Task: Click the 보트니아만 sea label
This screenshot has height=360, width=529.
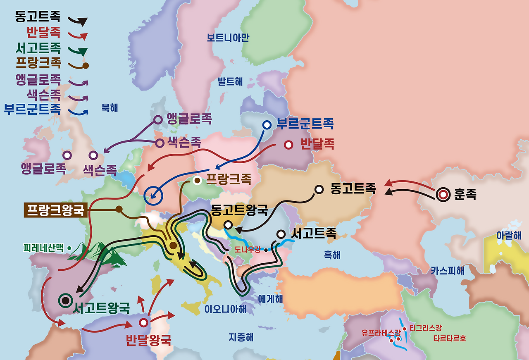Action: pyautogui.click(x=228, y=38)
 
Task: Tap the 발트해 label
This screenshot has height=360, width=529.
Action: pyautogui.click(x=230, y=81)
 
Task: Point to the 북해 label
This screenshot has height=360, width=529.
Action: pyautogui.click(x=110, y=108)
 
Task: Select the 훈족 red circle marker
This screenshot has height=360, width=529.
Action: pyautogui.click(x=443, y=194)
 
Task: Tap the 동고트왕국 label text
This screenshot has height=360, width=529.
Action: pyautogui.click(x=239, y=210)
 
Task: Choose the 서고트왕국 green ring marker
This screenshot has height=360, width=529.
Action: pyautogui.click(x=65, y=300)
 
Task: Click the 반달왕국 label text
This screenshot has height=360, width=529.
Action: pyautogui.click(x=148, y=340)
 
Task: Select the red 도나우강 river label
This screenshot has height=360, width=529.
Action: pyautogui.click(x=248, y=249)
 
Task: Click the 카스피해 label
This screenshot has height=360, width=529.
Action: pyautogui.click(x=448, y=271)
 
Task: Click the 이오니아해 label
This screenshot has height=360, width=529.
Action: pyautogui.click(x=225, y=309)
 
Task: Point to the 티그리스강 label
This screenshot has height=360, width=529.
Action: pyautogui.click(x=425, y=328)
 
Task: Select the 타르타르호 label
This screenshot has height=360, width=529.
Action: pyautogui.click(x=450, y=338)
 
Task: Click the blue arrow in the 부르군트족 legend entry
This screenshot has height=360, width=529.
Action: pyautogui.click(x=79, y=112)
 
